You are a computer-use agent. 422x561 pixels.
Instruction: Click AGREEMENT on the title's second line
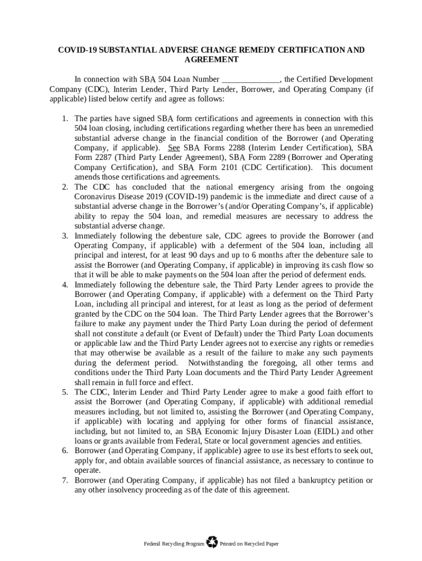(x=211, y=59)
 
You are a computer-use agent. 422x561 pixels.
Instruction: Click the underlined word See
(x=174, y=148)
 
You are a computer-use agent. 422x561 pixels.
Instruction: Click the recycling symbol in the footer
(x=212, y=543)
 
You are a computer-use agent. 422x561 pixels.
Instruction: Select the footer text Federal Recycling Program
(x=173, y=544)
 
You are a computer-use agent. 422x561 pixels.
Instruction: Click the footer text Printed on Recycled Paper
(x=249, y=544)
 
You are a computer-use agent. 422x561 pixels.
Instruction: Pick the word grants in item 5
(x=109, y=442)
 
